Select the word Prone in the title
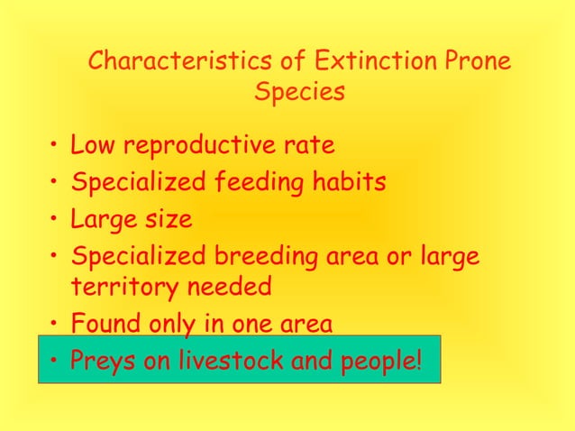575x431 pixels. coord(478,62)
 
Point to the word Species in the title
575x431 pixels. coord(300,93)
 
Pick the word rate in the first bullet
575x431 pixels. coord(309,145)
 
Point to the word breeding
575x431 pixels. coord(258,257)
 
